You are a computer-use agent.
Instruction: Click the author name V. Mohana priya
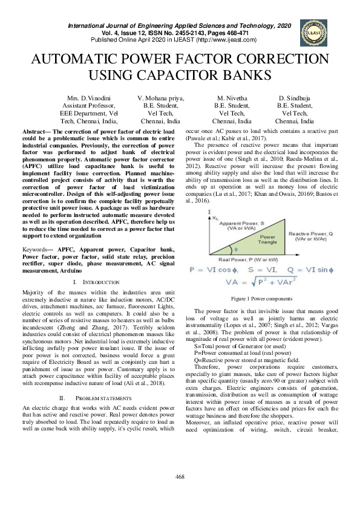coord(161,97)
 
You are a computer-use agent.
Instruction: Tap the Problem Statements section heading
coord(100,398)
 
